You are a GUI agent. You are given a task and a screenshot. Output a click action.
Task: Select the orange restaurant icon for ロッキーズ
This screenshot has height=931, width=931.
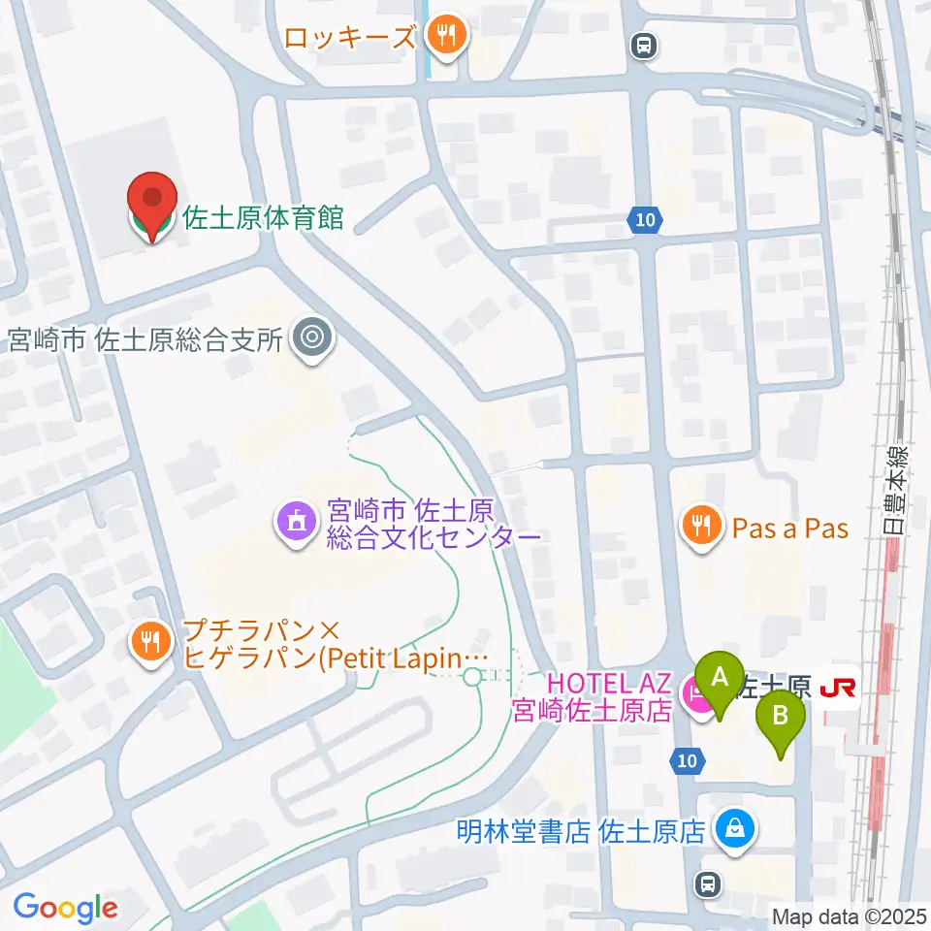(x=446, y=37)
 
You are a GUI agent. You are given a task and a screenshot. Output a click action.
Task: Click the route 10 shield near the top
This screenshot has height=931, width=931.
(x=645, y=221)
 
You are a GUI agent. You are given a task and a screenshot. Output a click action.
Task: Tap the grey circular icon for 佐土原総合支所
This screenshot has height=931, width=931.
(x=311, y=338)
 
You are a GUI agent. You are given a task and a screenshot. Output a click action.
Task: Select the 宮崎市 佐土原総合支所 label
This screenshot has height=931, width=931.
(x=144, y=339)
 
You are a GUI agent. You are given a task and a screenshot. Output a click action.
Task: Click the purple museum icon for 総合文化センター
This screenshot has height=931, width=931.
(x=295, y=521)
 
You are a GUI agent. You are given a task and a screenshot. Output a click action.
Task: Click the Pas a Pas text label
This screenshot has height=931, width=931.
(x=790, y=529)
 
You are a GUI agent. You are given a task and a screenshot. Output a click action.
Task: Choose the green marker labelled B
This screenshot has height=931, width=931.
(x=781, y=720)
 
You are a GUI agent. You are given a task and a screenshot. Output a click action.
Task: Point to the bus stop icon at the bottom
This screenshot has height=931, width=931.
(x=709, y=883)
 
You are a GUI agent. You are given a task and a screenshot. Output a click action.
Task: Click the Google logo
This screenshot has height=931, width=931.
(x=65, y=907)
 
